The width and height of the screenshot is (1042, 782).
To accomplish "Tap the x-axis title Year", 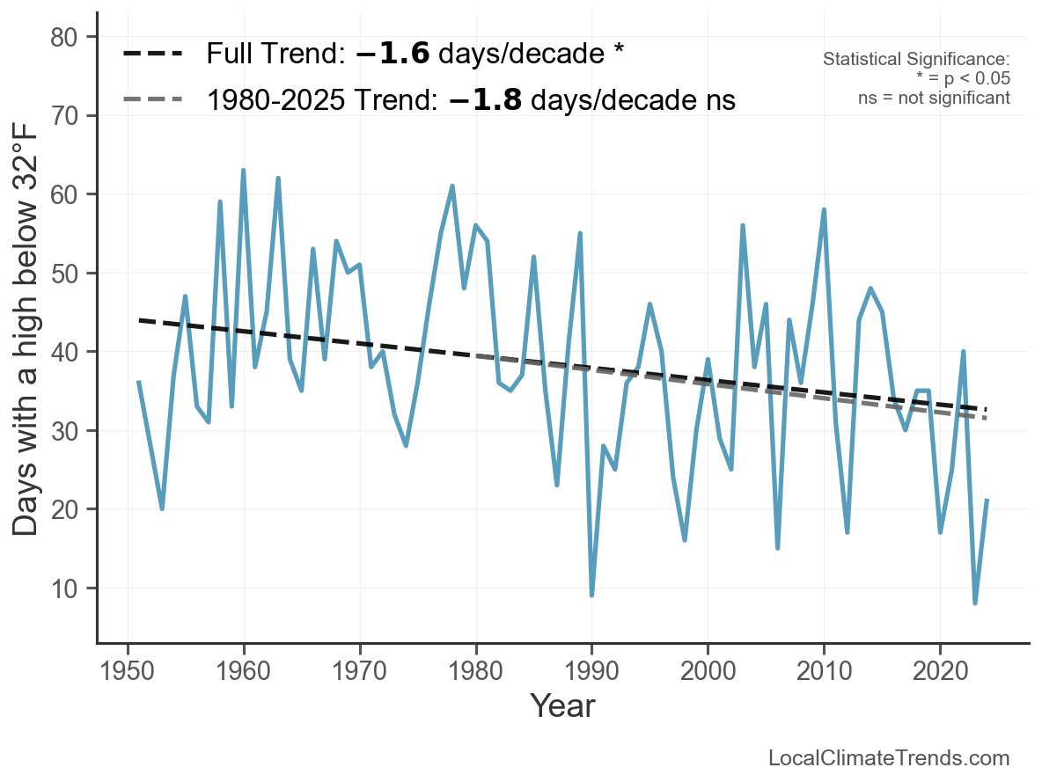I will point(562,705).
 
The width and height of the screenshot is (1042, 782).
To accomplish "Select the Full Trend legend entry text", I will point(415,54).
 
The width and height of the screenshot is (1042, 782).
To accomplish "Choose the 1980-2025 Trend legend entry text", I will point(471,99).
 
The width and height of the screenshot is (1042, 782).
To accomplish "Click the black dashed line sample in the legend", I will point(152,54).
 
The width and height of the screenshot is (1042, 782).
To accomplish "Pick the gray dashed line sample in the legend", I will point(152,99).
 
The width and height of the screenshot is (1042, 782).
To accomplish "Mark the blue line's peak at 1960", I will point(243,171).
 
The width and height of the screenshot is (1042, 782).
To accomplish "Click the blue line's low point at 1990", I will point(591,596).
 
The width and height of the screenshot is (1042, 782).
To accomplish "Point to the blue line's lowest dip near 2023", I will point(975,603).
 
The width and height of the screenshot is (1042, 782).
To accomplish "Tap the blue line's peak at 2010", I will point(824,209).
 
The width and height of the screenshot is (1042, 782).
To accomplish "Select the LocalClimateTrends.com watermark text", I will point(889,758).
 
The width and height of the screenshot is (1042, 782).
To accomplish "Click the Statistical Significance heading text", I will point(916,60).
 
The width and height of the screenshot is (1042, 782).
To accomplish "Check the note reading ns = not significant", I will point(934,98).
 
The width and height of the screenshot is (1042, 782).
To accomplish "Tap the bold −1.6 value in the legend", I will point(393,54).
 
